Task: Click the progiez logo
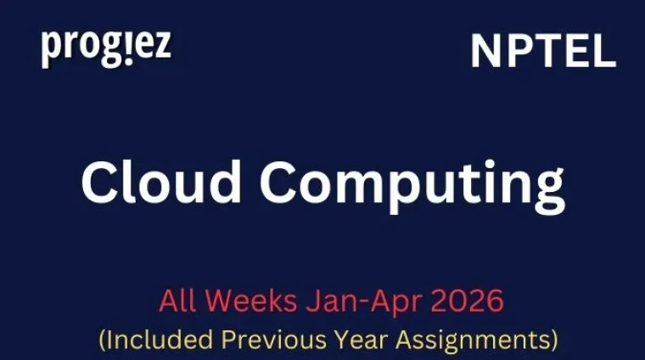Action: click(x=106, y=48)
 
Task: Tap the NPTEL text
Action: click(x=543, y=53)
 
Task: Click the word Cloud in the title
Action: click(x=160, y=182)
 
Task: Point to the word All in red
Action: click(x=177, y=301)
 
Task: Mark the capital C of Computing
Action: click(x=284, y=182)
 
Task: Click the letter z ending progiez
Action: click(x=161, y=48)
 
